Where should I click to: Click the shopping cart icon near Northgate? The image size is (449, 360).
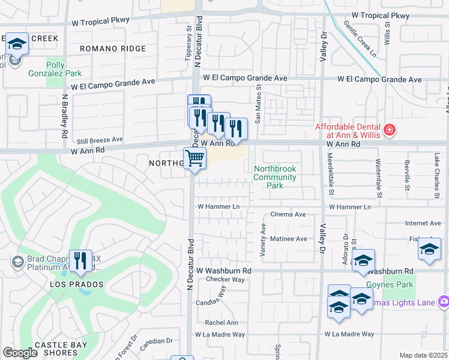[x=194, y=159]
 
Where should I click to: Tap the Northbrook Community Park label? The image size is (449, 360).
[x=275, y=177]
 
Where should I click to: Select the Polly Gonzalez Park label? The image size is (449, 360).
[x=64, y=70]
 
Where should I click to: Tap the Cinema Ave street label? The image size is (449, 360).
[x=288, y=214]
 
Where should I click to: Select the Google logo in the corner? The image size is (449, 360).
[x=20, y=353]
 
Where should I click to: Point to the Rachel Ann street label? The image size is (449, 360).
[x=221, y=322]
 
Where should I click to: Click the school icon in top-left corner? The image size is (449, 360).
[x=17, y=44]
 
